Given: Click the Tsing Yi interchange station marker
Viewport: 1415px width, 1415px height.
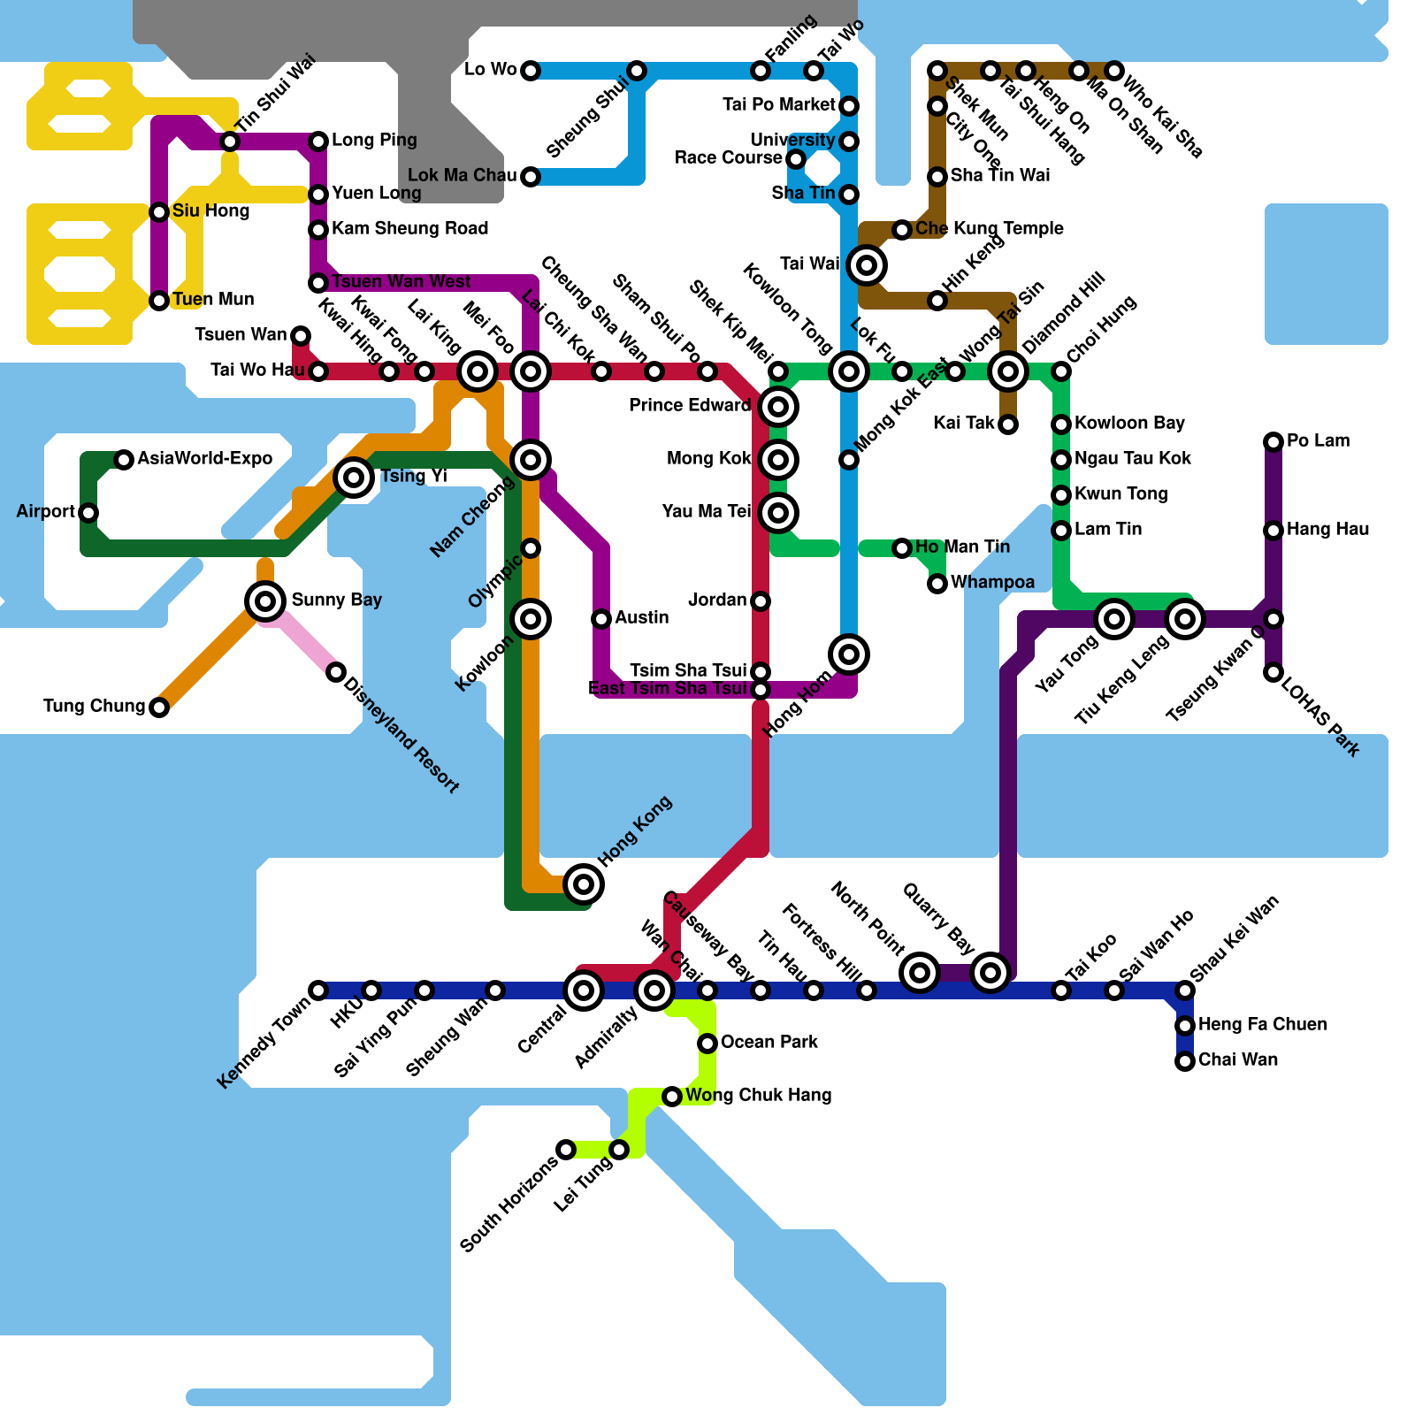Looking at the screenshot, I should click(x=354, y=478).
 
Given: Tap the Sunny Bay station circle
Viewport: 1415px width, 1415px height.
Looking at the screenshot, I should click(x=265, y=601).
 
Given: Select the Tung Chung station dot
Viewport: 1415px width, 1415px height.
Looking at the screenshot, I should click(x=159, y=707).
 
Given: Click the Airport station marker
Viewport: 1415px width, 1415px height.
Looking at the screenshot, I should click(x=88, y=513).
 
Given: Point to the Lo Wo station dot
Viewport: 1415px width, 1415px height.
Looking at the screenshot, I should click(x=531, y=71).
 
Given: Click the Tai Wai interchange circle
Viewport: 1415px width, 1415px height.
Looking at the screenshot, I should click(x=867, y=264).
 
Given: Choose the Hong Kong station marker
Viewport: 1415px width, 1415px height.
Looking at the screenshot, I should click(x=584, y=883).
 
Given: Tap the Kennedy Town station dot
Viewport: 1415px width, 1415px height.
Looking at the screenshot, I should click(x=318, y=990).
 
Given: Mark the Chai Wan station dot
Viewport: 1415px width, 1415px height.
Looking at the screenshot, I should click(x=1185, y=1061).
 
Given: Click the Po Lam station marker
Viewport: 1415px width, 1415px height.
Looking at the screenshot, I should click(x=1273, y=442).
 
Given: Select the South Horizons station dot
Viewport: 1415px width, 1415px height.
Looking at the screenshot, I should click(x=566, y=1150).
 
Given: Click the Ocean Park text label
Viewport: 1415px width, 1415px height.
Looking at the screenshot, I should click(x=769, y=1042).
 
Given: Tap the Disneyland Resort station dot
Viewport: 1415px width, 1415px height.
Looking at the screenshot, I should click(x=336, y=672).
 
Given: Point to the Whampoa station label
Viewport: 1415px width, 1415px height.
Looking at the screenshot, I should click(x=992, y=582).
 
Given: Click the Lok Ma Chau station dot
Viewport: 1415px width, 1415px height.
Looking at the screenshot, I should click(x=531, y=177).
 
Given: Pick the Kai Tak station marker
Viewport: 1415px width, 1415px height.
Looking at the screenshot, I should click(x=1008, y=425).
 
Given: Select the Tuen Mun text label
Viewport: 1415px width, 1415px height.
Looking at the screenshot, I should click(x=213, y=299).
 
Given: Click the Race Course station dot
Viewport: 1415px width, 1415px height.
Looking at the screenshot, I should click(x=796, y=159).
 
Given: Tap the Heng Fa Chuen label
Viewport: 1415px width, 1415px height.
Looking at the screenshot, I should click(x=1262, y=1024).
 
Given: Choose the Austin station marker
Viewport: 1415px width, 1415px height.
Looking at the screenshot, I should click(x=601, y=619).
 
